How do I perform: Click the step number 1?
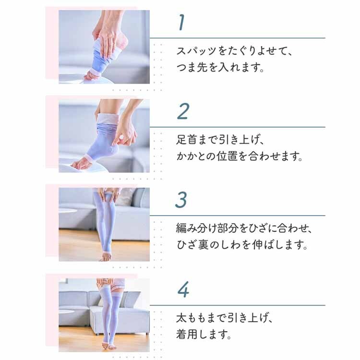pyautogui.click(x=181, y=22)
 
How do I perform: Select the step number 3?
pyautogui.click(x=181, y=200)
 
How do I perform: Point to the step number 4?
pyautogui.click(x=183, y=289)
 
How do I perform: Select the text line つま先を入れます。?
pyautogui.click(x=221, y=68)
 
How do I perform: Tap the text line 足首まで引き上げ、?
pyautogui.click(x=221, y=140)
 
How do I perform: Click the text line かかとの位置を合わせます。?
pyautogui.click(x=240, y=157)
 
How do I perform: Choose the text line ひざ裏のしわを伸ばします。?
pyautogui.click(x=241, y=246)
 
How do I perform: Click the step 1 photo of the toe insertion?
pyautogui.click(x=104, y=47)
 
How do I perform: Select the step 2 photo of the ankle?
pyautogui.click(x=104, y=135)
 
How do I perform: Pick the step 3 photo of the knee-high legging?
pyautogui.click(x=104, y=224)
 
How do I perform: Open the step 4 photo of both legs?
pyautogui.click(x=104, y=313)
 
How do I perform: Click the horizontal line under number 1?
pyautogui.click(x=237, y=38)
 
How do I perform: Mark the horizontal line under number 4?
pyautogui.click(x=237, y=305)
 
